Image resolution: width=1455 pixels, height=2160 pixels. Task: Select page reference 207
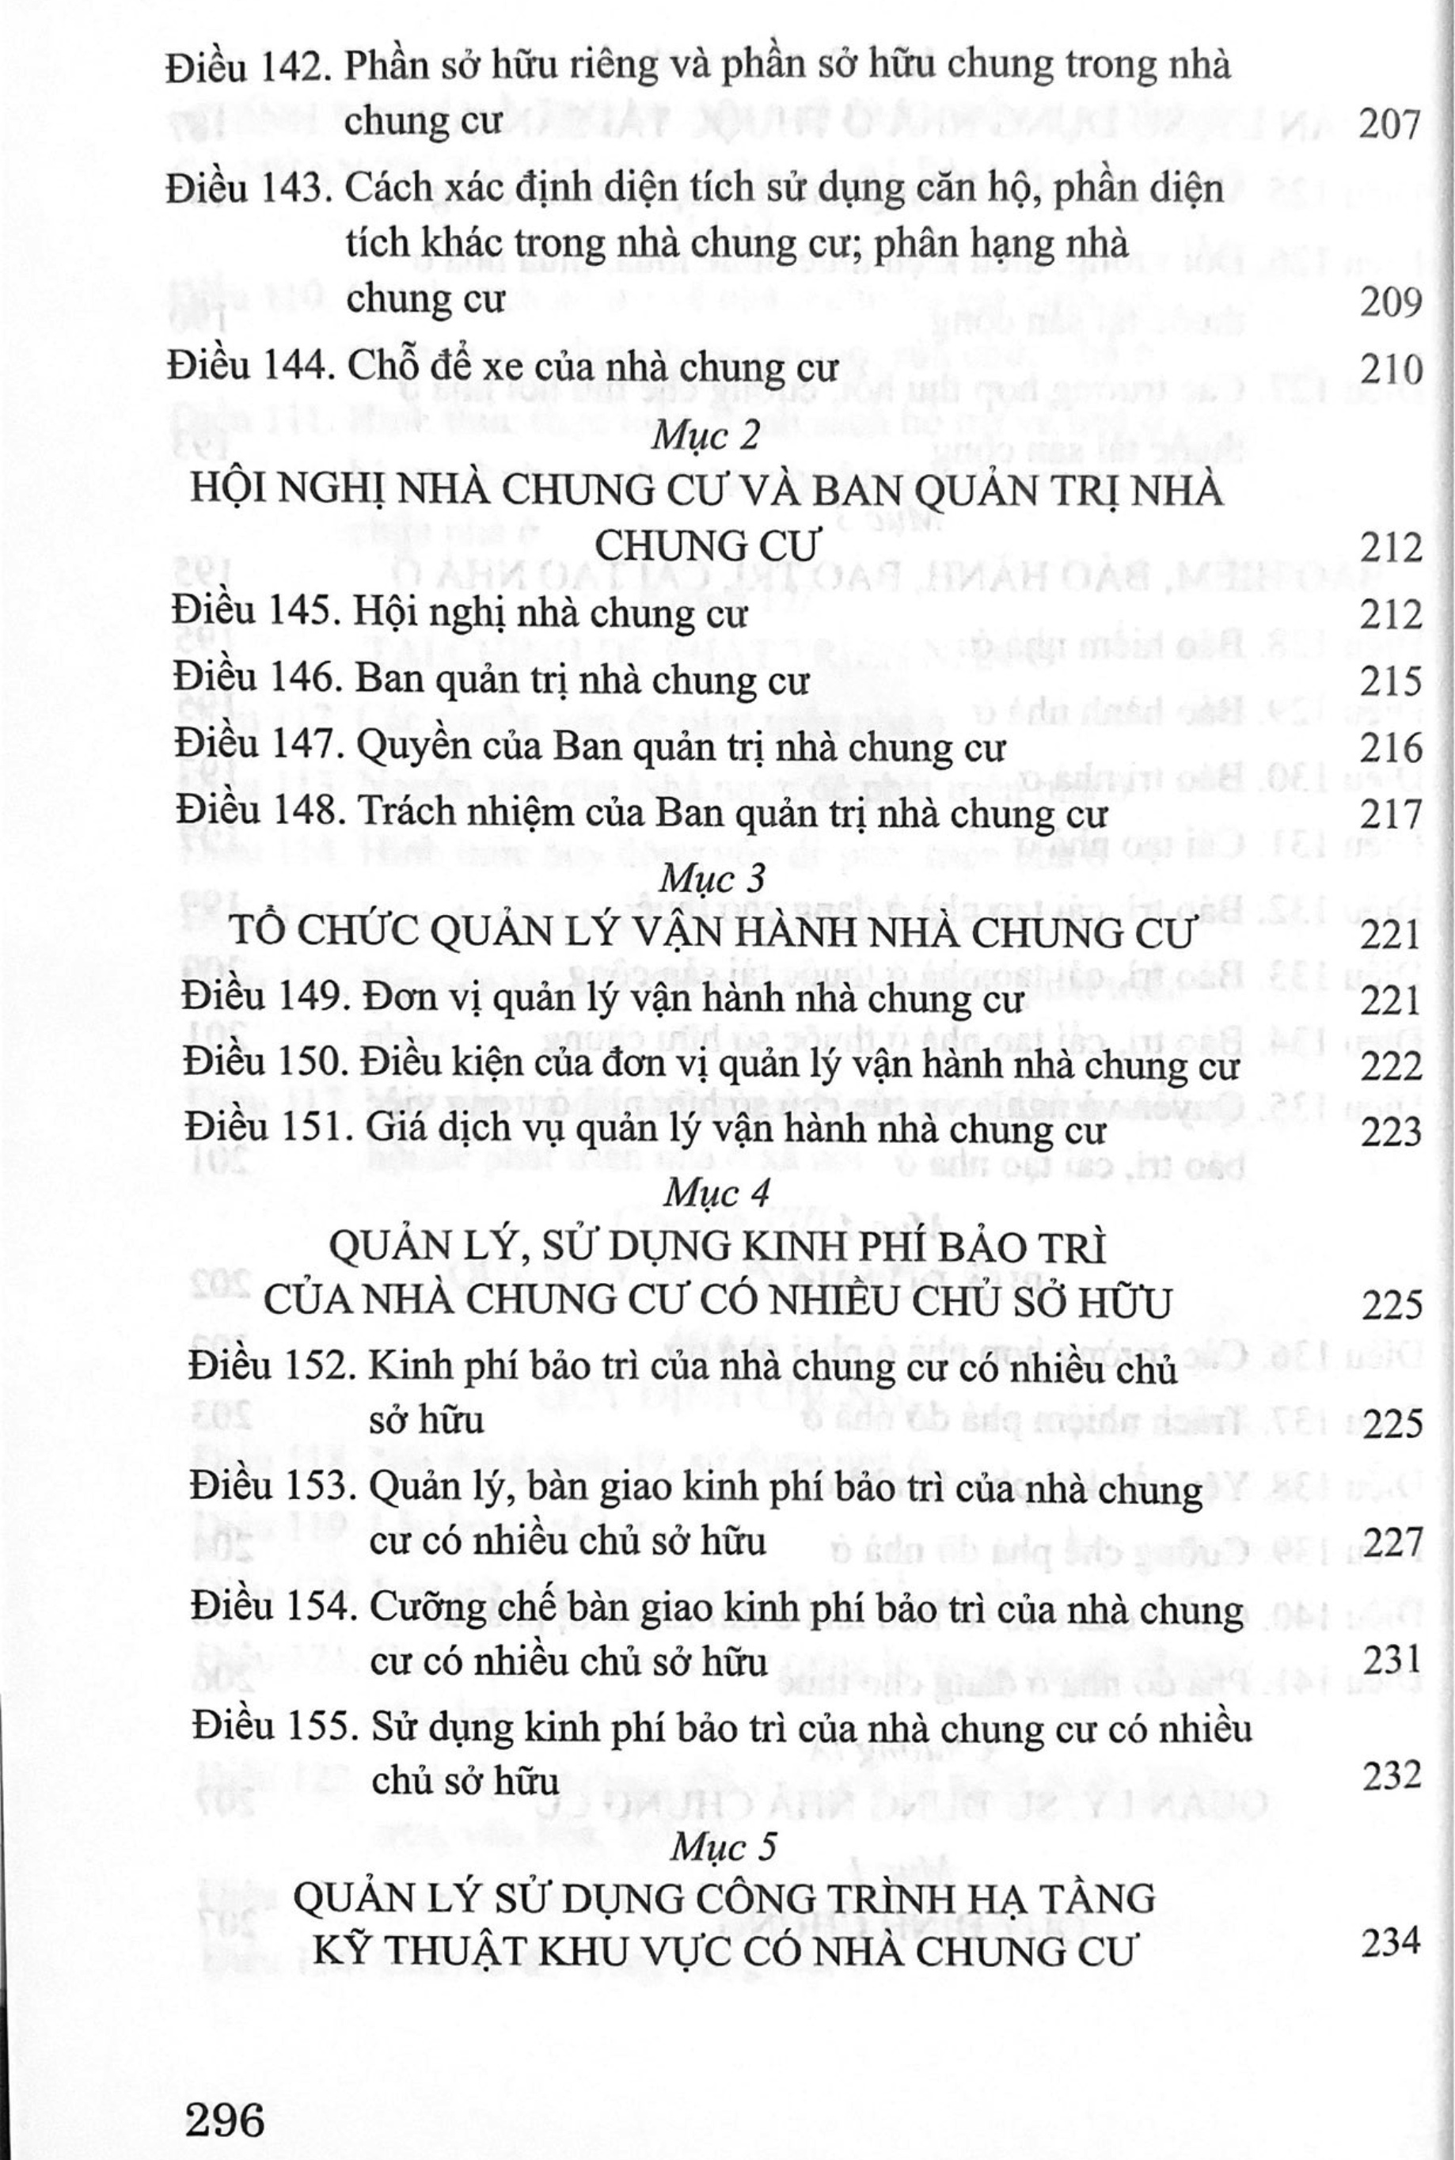coord(1390,123)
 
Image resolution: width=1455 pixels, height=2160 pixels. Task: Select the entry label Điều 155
coord(271,1729)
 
